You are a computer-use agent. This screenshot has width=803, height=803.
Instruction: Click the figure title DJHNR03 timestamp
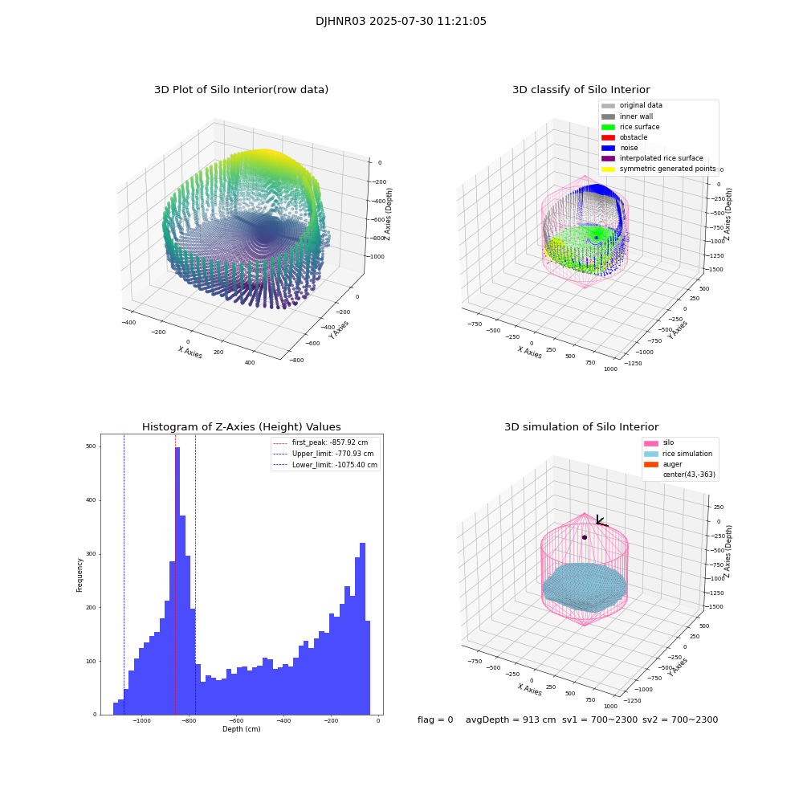401,22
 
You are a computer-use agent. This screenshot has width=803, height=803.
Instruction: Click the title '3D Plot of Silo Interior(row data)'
241,90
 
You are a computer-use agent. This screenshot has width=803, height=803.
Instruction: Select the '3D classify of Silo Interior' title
581,90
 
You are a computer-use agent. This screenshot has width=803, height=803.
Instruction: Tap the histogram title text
241,427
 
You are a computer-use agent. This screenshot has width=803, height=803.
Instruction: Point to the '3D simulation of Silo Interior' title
581,427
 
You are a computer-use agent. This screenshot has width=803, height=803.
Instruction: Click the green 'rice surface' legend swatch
608,127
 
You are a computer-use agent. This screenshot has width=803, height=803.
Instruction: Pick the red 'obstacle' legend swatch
608,137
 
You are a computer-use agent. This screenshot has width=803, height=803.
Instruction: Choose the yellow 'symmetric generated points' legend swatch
608,169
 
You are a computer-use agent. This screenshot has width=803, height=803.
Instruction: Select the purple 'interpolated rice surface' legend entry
661,158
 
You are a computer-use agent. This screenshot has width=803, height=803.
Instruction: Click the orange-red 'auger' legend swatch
650,464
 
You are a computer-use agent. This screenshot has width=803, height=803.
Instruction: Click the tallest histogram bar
177,578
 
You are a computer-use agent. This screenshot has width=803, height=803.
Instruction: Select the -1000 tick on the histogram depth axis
142,721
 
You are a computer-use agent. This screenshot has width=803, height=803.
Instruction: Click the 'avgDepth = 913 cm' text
511,720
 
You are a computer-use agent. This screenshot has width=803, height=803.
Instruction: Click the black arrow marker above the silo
600,521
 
